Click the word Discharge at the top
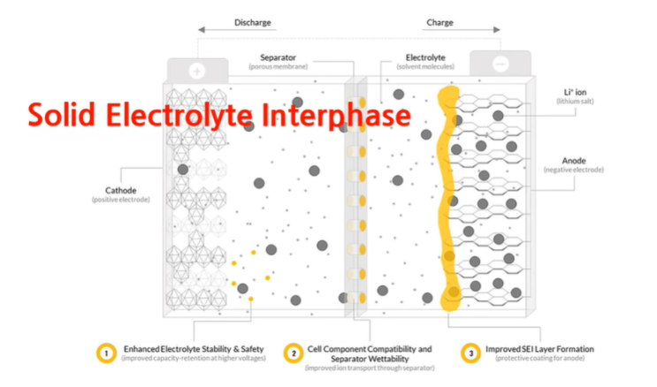pyautogui.click(x=253, y=21)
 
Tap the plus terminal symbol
pyautogui.click(x=196, y=69)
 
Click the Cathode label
pyautogui.click(x=120, y=189)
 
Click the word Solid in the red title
pyautogui.click(x=59, y=117)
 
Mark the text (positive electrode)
pyautogui.click(x=120, y=200)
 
